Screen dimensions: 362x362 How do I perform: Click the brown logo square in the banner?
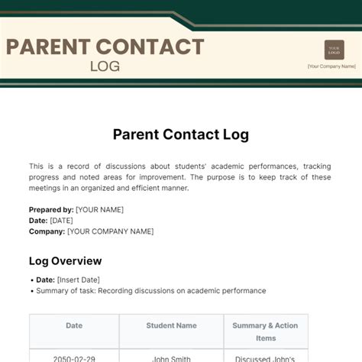(334, 50)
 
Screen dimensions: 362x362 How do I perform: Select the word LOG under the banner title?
(105, 66)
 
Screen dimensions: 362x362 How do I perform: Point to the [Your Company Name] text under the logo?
(331, 66)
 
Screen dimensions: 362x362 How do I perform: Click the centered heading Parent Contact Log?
(181, 134)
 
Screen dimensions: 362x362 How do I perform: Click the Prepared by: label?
(51, 209)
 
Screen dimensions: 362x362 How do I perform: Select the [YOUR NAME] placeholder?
(99, 209)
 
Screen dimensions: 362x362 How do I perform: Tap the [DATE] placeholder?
(61, 220)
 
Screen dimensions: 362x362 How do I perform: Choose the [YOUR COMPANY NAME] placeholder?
(110, 231)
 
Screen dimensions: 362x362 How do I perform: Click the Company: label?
(47, 231)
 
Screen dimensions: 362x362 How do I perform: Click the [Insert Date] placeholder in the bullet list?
(78, 280)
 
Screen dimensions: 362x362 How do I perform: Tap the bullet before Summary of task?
(31, 291)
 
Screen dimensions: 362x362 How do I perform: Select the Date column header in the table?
(74, 325)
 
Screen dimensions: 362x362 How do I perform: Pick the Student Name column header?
(171, 325)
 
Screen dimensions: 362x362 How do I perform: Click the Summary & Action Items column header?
(266, 331)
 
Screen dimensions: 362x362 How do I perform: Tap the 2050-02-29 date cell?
(74, 357)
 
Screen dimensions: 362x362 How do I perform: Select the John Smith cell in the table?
(171, 357)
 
